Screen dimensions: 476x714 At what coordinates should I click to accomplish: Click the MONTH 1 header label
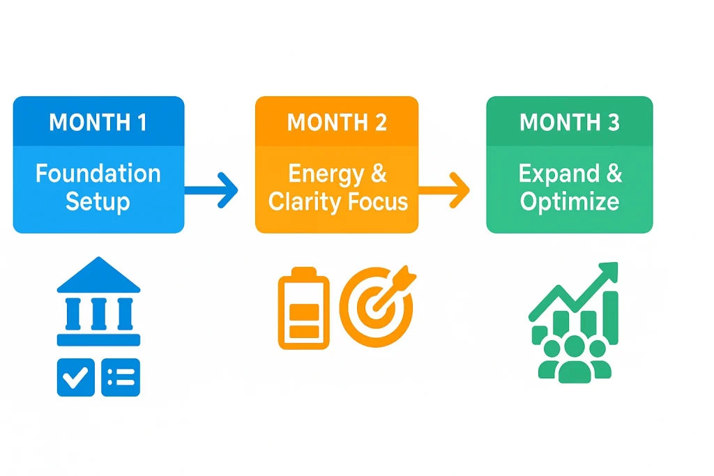(98, 123)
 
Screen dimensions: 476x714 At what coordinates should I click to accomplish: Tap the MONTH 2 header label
(337, 123)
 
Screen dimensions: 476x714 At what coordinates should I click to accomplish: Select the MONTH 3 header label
(569, 123)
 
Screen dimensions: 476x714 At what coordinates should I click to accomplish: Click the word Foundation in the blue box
(98, 174)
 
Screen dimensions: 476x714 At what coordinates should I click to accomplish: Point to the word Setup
(98, 202)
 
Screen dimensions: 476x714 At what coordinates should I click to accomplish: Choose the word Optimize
(569, 202)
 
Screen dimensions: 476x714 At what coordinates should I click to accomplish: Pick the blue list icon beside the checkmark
(121, 378)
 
